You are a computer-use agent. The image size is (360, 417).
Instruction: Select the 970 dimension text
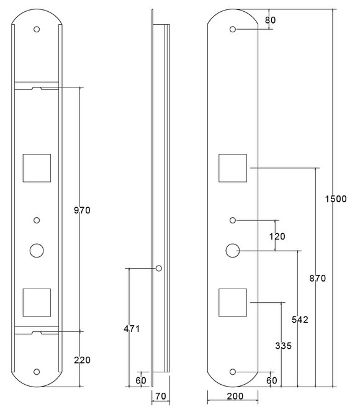pyautogui.click(x=82, y=210)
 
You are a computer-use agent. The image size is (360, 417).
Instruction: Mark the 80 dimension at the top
pyautogui.click(x=270, y=20)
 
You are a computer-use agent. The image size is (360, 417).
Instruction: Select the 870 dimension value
pyautogui.click(x=317, y=278)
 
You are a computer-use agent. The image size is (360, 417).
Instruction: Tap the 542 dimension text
pyautogui.click(x=299, y=320)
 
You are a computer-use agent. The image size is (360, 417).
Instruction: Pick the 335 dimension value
pyautogui.click(x=282, y=345)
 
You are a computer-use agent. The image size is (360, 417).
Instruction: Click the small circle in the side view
pyautogui.click(x=159, y=268)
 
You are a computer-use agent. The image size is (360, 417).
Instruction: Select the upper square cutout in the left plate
pyautogui.click(x=37, y=168)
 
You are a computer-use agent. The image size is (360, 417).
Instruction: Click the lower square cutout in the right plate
pyautogui.click(x=233, y=302)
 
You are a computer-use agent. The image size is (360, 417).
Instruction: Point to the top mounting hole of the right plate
pyautogui.click(x=233, y=29)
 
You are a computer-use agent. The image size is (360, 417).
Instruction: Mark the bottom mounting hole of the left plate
pyautogui.click(x=37, y=371)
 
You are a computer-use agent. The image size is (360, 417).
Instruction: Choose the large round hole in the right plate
pyautogui.click(x=233, y=251)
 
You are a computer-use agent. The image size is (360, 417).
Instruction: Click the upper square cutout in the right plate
pyautogui.click(x=233, y=168)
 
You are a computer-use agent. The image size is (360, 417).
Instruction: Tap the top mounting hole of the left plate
pyautogui.click(x=37, y=29)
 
